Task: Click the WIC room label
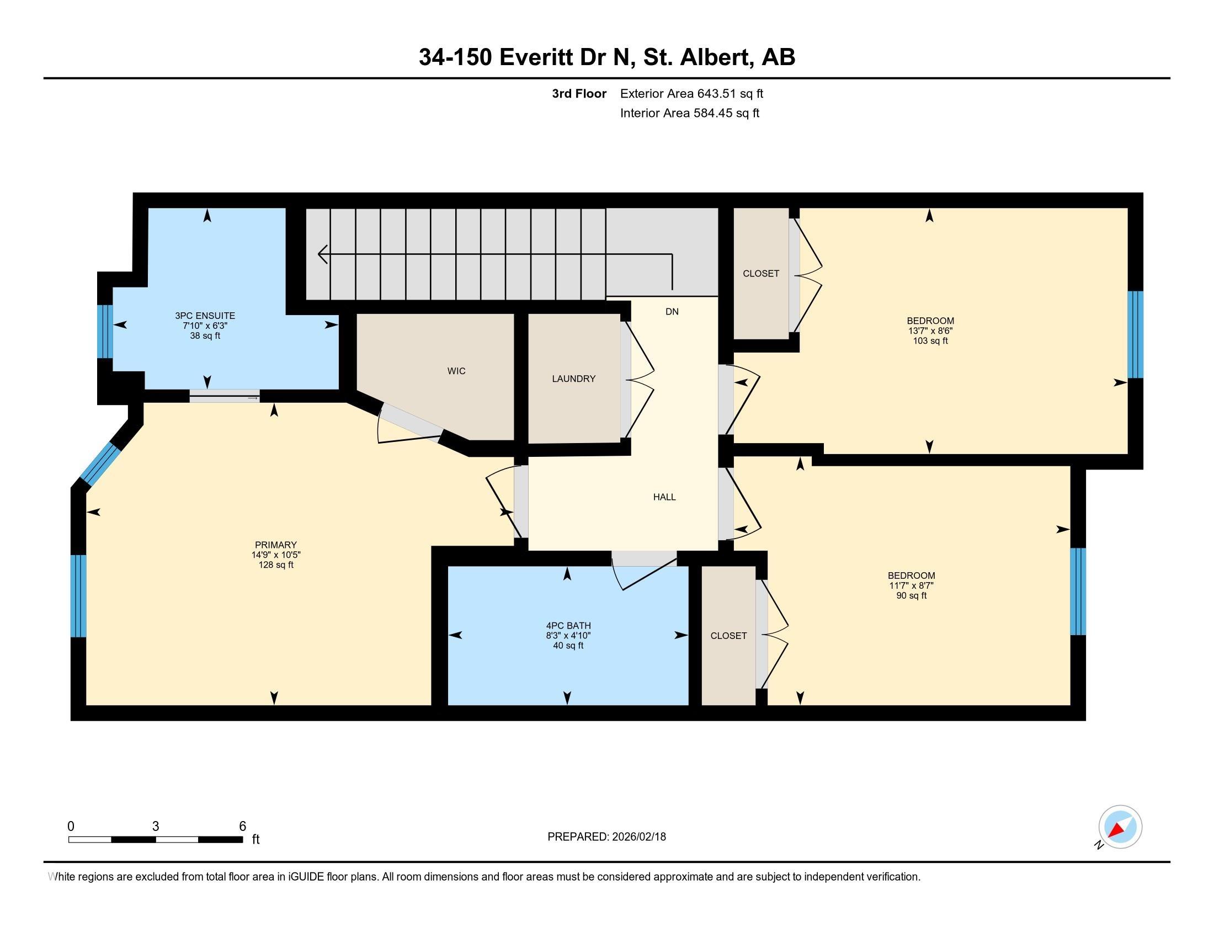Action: tap(456, 371)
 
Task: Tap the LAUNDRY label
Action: tap(574, 379)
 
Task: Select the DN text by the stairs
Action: tap(672, 312)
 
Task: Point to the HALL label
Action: tap(664, 497)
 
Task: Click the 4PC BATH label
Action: tap(568, 626)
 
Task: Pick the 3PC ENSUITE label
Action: tap(205, 316)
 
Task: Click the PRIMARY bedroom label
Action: tap(276, 545)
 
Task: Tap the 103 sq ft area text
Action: tap(930, 340)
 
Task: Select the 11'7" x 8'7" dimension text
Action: tap(912, 585)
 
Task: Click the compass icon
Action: tap(1120, 827)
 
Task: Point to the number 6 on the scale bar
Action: tap(242, 827)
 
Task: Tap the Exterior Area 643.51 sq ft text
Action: tap(691, 94)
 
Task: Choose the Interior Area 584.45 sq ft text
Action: tap(690, 113)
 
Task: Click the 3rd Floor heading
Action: tap(579, 94)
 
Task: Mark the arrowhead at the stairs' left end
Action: tap(322, 254)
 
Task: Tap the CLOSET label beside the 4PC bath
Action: tap(729, 636)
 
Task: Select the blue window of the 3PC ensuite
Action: tap(105, 332)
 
